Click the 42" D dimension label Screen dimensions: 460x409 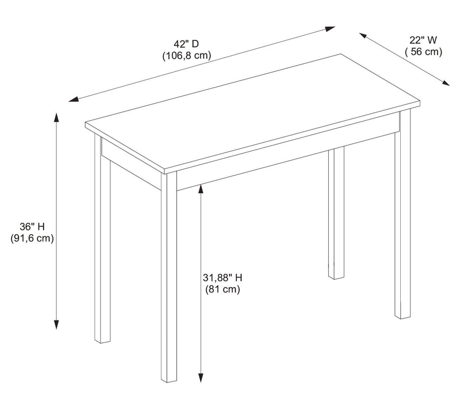pyautogui.click(x=186, y=44)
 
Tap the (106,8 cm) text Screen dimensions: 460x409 pyautogui.click(x=187, y=55)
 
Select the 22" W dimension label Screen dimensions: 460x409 pyautogui.click(x=423, y=40)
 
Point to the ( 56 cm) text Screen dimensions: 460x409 pyautogui.click(x=424, y=52)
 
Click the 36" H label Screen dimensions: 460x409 pyautogui.click(x=32, y=227)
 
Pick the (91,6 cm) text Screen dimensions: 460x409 pyautogui.click(x=32, y=238)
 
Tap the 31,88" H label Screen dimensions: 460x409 pyautogui.click(x=223, y=278)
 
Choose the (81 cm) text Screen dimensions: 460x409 pyautogui.click(x=223, y=289)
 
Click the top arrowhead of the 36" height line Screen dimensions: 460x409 pyautogui.click(x=56, y=117)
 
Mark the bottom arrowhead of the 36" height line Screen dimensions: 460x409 pyautogui.click(x=56, y=324)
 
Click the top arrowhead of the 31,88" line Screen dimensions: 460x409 pyautogui.click(x=201, y=189)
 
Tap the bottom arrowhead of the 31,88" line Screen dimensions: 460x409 pyautogui.click(x=201, y=377)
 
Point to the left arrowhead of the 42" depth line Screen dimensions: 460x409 pyautogui.click(x=74, y=100)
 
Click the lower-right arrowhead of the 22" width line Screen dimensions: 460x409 pyautogui.click(x=446, y=83)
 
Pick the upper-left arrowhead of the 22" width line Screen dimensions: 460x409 pyautogui.click(x=363, y=36)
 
